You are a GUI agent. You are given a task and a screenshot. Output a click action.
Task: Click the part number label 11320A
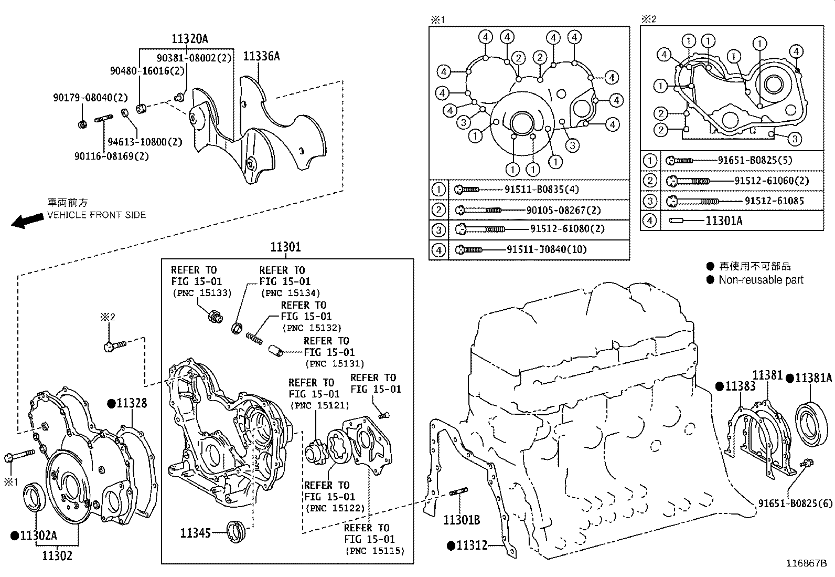coord(189,38)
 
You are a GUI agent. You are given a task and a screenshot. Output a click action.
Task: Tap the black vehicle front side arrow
coord(27,221)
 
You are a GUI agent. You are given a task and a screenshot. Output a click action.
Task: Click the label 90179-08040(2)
coord(90,98)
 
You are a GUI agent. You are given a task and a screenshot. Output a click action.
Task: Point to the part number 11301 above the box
coord(285,247)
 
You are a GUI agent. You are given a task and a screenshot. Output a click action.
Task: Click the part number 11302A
coord(38,536)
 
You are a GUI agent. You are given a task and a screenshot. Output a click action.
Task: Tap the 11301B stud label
coord(462,520)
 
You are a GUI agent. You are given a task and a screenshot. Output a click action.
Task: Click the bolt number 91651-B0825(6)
coord(795,503)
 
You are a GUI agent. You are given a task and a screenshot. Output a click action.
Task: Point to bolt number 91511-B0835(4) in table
coord(541,190)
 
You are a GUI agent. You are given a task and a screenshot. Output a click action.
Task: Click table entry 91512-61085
coord(774,201)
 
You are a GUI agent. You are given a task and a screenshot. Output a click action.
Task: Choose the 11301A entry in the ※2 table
coord(723,221)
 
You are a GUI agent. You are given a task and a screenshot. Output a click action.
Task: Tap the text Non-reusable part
coord(761,280)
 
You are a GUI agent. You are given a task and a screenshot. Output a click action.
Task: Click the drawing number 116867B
coord(806,564)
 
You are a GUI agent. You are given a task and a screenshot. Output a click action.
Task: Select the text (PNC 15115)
coord(374,550)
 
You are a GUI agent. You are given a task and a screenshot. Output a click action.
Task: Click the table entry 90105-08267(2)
coord(563,210)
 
